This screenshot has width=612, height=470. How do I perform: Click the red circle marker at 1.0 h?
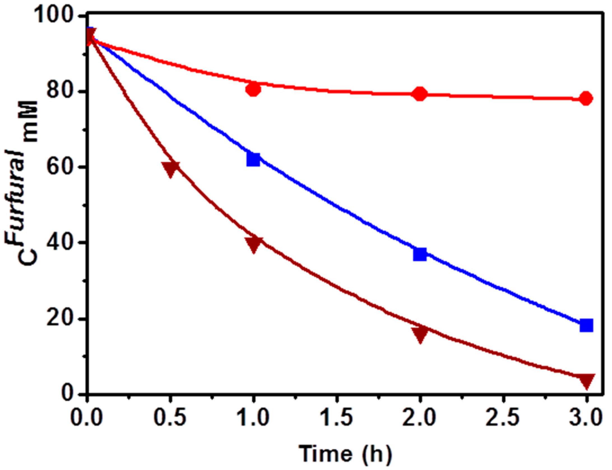pyautogui.click(x=253, y=90)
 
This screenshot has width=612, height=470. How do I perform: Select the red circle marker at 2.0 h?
pyautogui.click(x=419, y=94)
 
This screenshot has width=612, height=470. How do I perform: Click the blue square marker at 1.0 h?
pyautogui.click(x=253, y=160)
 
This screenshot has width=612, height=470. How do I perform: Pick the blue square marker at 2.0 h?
pyautogui.click(x=419, y=254)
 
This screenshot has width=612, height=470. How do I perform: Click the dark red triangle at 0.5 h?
pyautogui.click(x=171, y=169)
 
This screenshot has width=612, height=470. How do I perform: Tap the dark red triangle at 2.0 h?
pyautogui.click(x=419, y=333)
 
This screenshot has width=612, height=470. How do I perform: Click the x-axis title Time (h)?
pyautogui.click(x=345, y=454)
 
